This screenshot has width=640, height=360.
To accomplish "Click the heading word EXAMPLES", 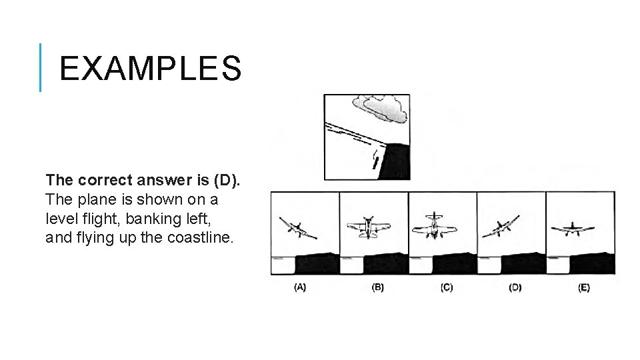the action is pos(149,68).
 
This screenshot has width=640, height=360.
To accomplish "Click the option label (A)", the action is pos(300,287).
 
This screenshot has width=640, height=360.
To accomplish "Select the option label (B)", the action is pos(377,287).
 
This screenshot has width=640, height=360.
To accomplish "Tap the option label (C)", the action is pos(446,287).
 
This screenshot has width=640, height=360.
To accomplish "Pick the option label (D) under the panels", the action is pos(515,287).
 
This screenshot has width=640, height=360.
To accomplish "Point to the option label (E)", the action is pos(583,287).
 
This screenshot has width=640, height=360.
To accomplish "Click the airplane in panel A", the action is pos(297,227).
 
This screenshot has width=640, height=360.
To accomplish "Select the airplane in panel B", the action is pos(367,227).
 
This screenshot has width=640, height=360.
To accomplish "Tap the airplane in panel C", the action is pos(434,226).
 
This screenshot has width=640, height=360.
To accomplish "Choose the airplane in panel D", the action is pos(501,227).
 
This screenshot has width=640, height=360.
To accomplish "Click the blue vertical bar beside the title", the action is pos(41,67).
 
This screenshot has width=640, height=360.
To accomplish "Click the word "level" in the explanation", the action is pos(61,218).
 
